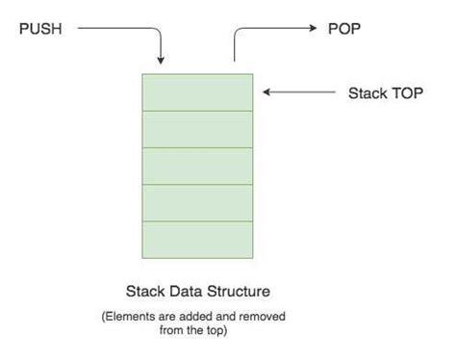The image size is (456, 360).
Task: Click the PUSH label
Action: click(40, 29)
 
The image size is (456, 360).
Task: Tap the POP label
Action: click(343, 29)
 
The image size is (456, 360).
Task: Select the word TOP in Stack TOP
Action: click(405, 93)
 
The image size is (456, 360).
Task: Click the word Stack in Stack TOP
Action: click(367, 93)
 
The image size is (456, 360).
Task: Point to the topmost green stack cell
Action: click(197, 93)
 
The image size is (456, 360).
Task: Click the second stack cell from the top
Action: click(197, 130)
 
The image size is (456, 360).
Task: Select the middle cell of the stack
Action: click(197, 167)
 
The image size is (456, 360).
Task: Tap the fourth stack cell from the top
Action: click(197, 203)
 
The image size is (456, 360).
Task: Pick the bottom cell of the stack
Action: click(197, 240)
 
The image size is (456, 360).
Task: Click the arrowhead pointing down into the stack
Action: click(163, 60)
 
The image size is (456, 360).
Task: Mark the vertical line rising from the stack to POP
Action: click(234, 50)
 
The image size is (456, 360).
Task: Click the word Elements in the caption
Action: click(151, 316)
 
